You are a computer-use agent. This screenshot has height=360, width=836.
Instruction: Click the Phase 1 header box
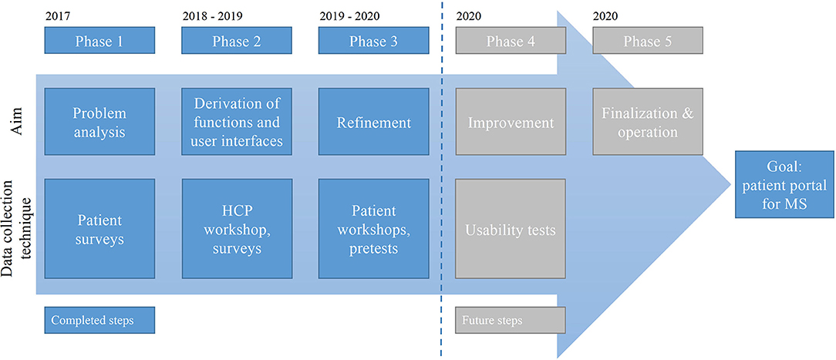pyautogui.click(x=99, y=41)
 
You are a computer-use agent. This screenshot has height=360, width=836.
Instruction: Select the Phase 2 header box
pyautogui.click(x=237, y=41)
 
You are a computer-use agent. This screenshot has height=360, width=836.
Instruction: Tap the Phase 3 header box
pyautogui.click(x=374, y=41)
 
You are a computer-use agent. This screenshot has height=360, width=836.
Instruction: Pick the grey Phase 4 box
pyautogui.click(x=511, y=41)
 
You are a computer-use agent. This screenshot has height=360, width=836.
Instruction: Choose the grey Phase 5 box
pyautogui.click(x=648, y=41)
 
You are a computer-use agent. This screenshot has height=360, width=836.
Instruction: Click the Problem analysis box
pyautogui.click(x=99, y=122)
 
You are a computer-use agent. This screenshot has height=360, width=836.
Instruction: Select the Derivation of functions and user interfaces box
pyautogui.click(x=237, y=122)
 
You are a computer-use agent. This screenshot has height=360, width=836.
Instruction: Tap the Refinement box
pyautogui.click(x=374, y=122)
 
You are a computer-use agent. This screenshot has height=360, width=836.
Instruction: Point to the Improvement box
pyautogui.click(x=511, y=122)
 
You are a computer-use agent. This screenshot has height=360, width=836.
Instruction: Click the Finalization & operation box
pyautogui.click(x=648, y=122)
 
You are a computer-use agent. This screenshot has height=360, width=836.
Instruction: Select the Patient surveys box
pyautogui.click(x=99, y=228)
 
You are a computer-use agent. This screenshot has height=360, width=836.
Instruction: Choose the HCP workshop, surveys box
pyautogui.click(x=237, y=228)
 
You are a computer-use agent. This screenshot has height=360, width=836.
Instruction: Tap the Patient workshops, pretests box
pyautogui.click(x=374, y=228)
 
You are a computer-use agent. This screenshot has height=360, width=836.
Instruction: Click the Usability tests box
pyautogui.click(x=511, y=228)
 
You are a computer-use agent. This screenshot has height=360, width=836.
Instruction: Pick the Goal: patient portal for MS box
pyautogui.click(x=784, y=184)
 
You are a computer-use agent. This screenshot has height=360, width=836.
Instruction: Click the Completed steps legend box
pyautogui.click(x=99, y=321)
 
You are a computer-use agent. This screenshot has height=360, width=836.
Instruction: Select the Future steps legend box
pyautogui.click(x=511, y=321)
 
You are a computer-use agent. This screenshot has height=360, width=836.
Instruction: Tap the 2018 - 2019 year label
pyautogui.click(x=212, y=16)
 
